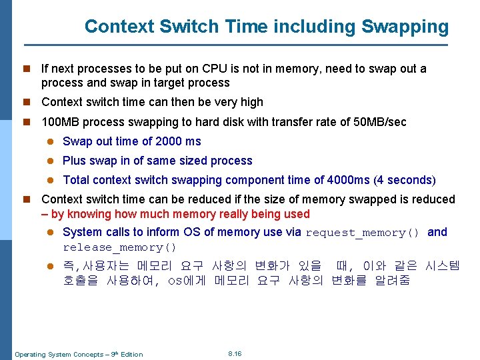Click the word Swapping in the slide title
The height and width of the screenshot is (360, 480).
(405, 27)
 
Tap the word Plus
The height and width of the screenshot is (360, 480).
(75, 161)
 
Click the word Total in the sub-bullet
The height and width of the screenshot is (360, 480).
(76, 180)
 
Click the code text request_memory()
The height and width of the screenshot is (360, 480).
(363, 233)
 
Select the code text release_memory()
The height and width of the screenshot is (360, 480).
(120, 247)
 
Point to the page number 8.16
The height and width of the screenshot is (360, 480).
(235, 353)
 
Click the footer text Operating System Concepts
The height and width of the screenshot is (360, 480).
(57, 354)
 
